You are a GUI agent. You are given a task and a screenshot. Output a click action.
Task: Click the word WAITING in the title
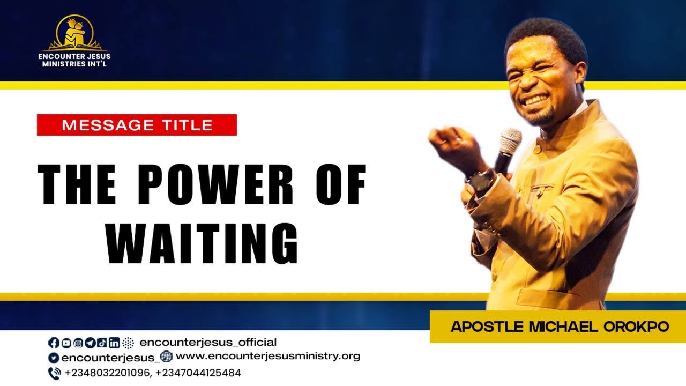(202, 243)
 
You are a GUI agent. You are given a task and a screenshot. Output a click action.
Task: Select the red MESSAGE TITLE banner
(137, 125)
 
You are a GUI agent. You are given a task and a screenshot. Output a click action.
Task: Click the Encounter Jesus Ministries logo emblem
(74, 33)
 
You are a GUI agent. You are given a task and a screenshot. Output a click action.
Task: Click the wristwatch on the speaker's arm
(481, 181)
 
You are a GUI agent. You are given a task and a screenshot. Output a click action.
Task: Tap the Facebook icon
(54, 343)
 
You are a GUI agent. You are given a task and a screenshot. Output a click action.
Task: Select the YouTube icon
(66, 343)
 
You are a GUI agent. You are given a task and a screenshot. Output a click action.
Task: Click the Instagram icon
(78, 343)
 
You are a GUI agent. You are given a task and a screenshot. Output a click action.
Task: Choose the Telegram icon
(90, 343)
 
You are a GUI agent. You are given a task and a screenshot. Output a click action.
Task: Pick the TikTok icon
(102, 343)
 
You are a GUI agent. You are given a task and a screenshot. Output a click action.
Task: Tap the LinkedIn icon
(114, 343)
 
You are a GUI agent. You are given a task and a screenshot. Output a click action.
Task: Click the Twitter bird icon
(54, 358)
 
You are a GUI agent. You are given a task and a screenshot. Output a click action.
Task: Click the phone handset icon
(55, 374)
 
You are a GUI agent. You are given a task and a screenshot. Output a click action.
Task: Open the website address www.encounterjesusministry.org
(268, 357)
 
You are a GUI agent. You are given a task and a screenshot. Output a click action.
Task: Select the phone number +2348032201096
(107, 373)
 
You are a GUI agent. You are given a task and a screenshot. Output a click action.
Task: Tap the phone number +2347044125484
(198, 373)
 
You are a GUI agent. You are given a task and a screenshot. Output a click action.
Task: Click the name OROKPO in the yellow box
(636, 326)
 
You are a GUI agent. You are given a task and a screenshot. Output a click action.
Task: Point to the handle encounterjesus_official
(208, 342)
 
